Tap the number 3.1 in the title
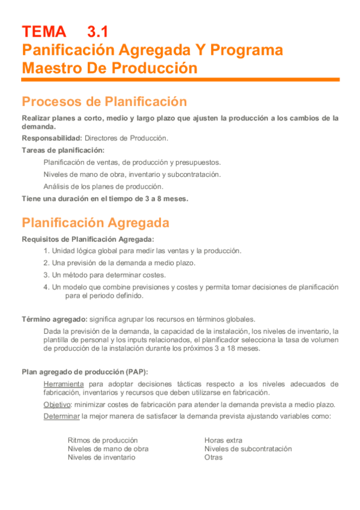point(98,31)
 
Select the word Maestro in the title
point(52,68)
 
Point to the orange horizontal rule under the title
point(180,80)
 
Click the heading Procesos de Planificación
point(104,101)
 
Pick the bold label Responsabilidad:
point(52,138)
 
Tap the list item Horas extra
point(224,440)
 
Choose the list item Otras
point(213,457)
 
